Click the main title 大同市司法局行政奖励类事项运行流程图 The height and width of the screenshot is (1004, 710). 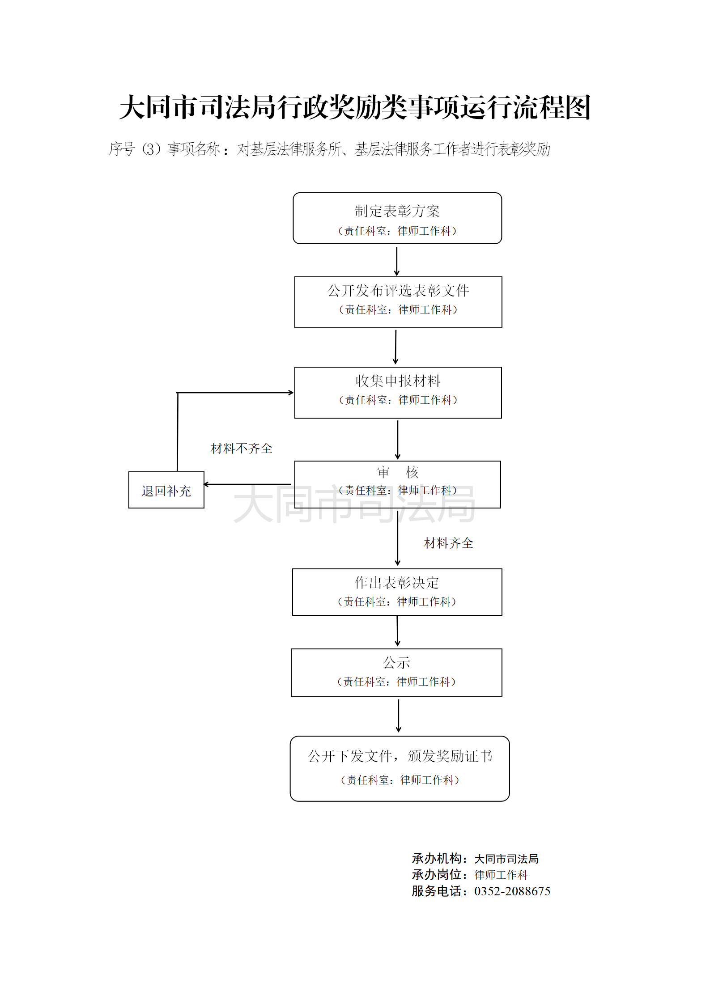pyautogui.click(x=355, y=108)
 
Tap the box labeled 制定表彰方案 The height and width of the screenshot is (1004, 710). pyautogui.click(x=397, y=218)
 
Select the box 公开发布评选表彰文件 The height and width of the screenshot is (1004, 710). pyautogui.click(x=398, y=302)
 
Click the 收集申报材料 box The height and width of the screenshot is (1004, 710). pyautogui.click(x=398, y=393)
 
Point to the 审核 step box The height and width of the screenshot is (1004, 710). pyautogui.click(x=398, y=484)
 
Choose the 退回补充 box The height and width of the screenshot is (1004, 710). pyautogui.click(x=166, y=490)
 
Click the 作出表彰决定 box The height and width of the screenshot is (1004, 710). pyautogui.click(x=397, y=592)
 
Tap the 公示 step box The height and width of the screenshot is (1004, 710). pyautogui.click(x=396, y=673)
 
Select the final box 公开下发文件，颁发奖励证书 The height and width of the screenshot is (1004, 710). pyautogui.click(x=400, y=768)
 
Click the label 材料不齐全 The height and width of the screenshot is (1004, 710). pyautogui.click(x=242, y=449)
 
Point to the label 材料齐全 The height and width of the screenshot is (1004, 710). pyautogui.click(x=449, y=543)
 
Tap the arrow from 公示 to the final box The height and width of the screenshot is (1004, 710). pyautogui.click(x=398, y=716)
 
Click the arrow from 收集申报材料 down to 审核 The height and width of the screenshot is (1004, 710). pyautogui.click(x=398, y=439)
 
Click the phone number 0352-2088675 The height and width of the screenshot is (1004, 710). pyautogui.click(x=512, y=891)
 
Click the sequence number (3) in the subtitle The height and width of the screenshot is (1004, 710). pyautogui.click(x=151, y=149)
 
